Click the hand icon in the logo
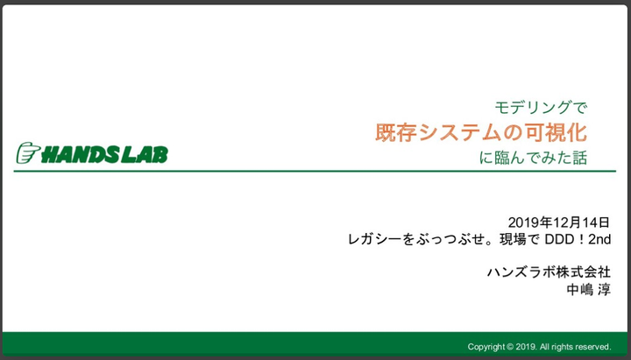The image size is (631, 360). (x=28, y=153)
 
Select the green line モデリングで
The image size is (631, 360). (x=541, y=108)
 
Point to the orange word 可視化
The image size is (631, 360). (x=549, y=132)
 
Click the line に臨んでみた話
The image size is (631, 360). (x=533, y=158)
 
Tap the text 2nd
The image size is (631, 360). (x=599, y=239)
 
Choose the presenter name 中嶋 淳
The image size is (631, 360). (x=588, y=290)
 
